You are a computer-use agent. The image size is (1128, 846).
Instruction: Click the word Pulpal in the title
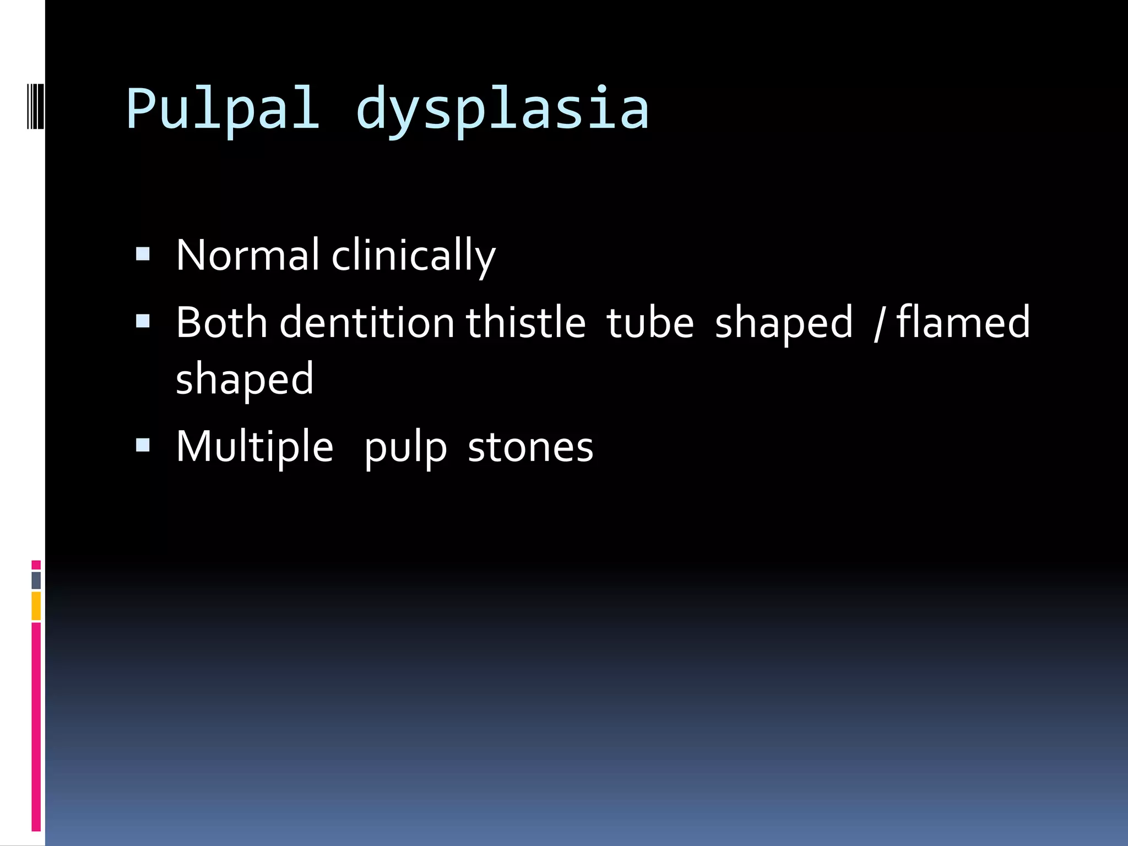click(x=223, y=109)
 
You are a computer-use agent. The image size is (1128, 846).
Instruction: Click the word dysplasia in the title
click(x=502, y=109)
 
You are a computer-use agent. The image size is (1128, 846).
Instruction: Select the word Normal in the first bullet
click(x=247, y=255)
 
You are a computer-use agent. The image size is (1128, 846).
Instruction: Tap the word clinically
click(x=414, y=255)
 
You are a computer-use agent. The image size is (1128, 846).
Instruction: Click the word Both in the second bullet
click(x=221, y=322)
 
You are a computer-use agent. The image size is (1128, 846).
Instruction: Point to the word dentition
click(x=367, y=322)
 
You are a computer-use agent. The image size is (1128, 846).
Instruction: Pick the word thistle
click(x=526, y=322)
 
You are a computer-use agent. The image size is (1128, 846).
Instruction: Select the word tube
click(x=650, y=322)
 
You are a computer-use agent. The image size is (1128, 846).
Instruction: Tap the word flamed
click(x=963, y=322)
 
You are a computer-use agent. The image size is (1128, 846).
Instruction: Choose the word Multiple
click(x=254, y=447)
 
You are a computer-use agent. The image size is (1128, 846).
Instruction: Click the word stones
click(x=530, y=447)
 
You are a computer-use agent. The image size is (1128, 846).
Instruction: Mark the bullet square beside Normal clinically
click(x=143, y=254)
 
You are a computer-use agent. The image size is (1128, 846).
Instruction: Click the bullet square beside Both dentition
click(x=143, y=321)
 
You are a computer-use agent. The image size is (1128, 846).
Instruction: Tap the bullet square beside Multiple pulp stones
click(x=143, y=445)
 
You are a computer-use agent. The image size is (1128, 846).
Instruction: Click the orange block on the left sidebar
click(x=36, y=605)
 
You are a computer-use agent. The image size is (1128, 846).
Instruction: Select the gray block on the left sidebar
click(x=36, y=580)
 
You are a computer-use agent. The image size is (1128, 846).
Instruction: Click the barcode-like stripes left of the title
click(x=35, y=106)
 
